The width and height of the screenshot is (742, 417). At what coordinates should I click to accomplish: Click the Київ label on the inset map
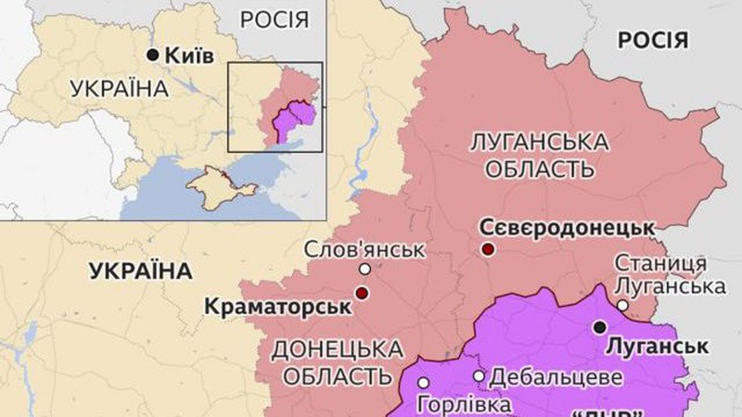[x=189, y=56]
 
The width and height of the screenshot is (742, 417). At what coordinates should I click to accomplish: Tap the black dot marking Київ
[x=154, y=56]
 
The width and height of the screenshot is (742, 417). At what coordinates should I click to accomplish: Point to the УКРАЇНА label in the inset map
[x=118, y=89]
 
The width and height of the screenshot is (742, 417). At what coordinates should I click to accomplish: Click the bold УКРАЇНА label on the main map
[x=140, y=271]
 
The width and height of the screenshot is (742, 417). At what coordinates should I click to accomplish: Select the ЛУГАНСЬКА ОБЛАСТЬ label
[x=540, y=156]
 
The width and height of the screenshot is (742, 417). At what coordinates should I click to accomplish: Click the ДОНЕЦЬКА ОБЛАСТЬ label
[x=338, y=362]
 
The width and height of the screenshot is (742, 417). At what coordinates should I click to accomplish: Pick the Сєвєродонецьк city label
[x=567, y=227]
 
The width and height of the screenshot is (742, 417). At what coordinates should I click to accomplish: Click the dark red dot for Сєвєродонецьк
[x=488, y=249]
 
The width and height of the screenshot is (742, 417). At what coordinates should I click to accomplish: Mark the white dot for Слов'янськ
[x=365, y=270]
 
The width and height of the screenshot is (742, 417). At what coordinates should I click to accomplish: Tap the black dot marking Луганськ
[x=600, y=326]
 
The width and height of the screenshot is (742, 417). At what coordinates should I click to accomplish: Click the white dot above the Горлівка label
[x=424, y=382]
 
